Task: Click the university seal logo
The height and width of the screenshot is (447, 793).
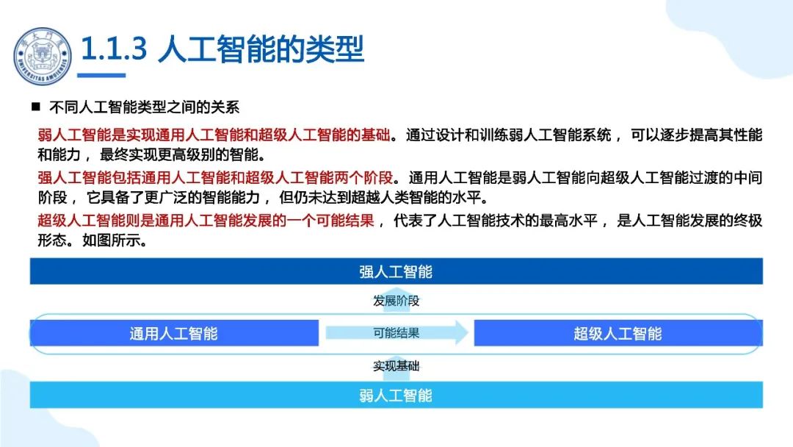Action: (43, 56)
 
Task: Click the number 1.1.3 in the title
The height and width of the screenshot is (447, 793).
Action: (114, 49)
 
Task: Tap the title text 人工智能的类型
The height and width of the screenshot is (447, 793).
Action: (261, 49)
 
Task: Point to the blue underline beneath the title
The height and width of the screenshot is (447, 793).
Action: (101, 76)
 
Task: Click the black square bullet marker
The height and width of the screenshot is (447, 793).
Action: (35, 107)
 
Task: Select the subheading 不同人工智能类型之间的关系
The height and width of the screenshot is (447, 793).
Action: (144, 107)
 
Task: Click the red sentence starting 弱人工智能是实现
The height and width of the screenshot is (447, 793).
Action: (214, 135)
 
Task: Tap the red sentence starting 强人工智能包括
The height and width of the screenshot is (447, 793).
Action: (215, 177)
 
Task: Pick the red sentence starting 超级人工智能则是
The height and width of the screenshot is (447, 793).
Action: (206, 221)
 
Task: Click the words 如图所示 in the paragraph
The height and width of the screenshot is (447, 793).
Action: (112, 240)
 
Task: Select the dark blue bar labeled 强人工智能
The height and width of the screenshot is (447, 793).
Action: (396, 271)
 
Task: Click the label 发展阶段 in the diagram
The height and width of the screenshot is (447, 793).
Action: (396, 301)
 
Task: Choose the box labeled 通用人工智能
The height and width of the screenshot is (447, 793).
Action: (174, 333)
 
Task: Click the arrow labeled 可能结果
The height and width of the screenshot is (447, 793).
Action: (396, 332)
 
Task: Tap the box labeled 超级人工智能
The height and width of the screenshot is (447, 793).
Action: (618, 333)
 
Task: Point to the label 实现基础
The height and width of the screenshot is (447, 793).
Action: (396, 365)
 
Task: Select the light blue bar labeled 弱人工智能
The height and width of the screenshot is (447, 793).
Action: (396, 395)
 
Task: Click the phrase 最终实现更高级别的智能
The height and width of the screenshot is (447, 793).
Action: (179, 154)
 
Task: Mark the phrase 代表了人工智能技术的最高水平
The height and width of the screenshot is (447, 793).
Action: (495, 221)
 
